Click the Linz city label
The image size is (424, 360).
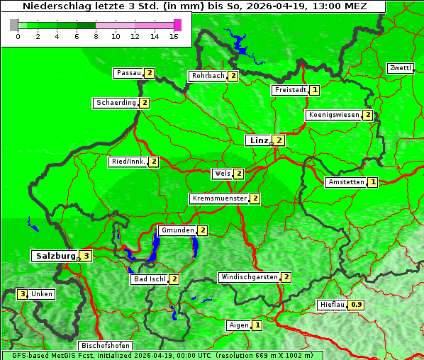259,140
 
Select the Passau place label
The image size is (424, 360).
129,73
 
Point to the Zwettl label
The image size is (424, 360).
400,68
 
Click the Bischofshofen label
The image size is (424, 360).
105,346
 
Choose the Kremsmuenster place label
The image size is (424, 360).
219,198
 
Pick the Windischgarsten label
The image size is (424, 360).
248,277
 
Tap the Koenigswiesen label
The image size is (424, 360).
333,115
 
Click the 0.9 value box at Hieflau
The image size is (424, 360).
357,305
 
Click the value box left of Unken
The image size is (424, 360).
23,294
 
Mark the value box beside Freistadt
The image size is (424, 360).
315,90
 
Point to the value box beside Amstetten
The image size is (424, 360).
373,182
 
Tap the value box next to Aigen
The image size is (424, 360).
257,325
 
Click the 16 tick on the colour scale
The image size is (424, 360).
174,36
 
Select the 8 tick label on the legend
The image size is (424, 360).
96,36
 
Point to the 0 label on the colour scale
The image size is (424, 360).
18,36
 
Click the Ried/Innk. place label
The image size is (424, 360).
128,162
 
